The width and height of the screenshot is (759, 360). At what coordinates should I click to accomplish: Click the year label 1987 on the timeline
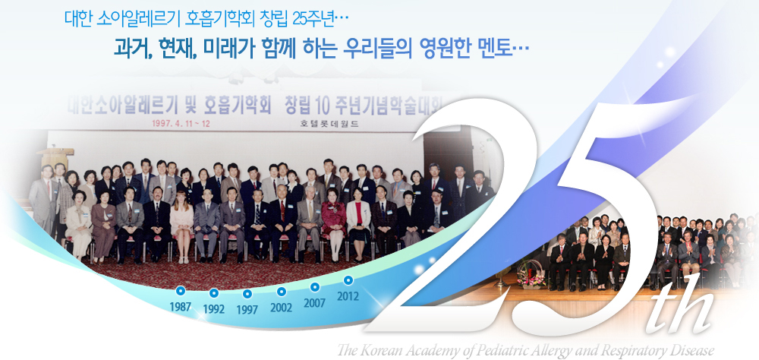pos(180,306)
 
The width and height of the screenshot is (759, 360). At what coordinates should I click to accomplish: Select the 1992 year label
pos(213,308)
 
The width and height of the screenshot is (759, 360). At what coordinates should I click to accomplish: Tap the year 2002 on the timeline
pos(282,307)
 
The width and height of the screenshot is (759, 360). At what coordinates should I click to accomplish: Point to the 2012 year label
pos(348,295)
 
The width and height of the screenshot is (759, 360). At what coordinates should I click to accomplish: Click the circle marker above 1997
pos(247,294)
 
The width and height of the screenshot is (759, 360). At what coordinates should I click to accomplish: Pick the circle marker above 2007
pos(315,287)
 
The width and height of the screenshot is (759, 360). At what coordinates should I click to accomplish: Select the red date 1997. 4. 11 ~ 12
pos(181,123)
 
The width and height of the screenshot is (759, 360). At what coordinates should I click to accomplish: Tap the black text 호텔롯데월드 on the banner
pos(329,124)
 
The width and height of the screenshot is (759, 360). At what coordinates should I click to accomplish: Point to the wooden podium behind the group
pos(55,160)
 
